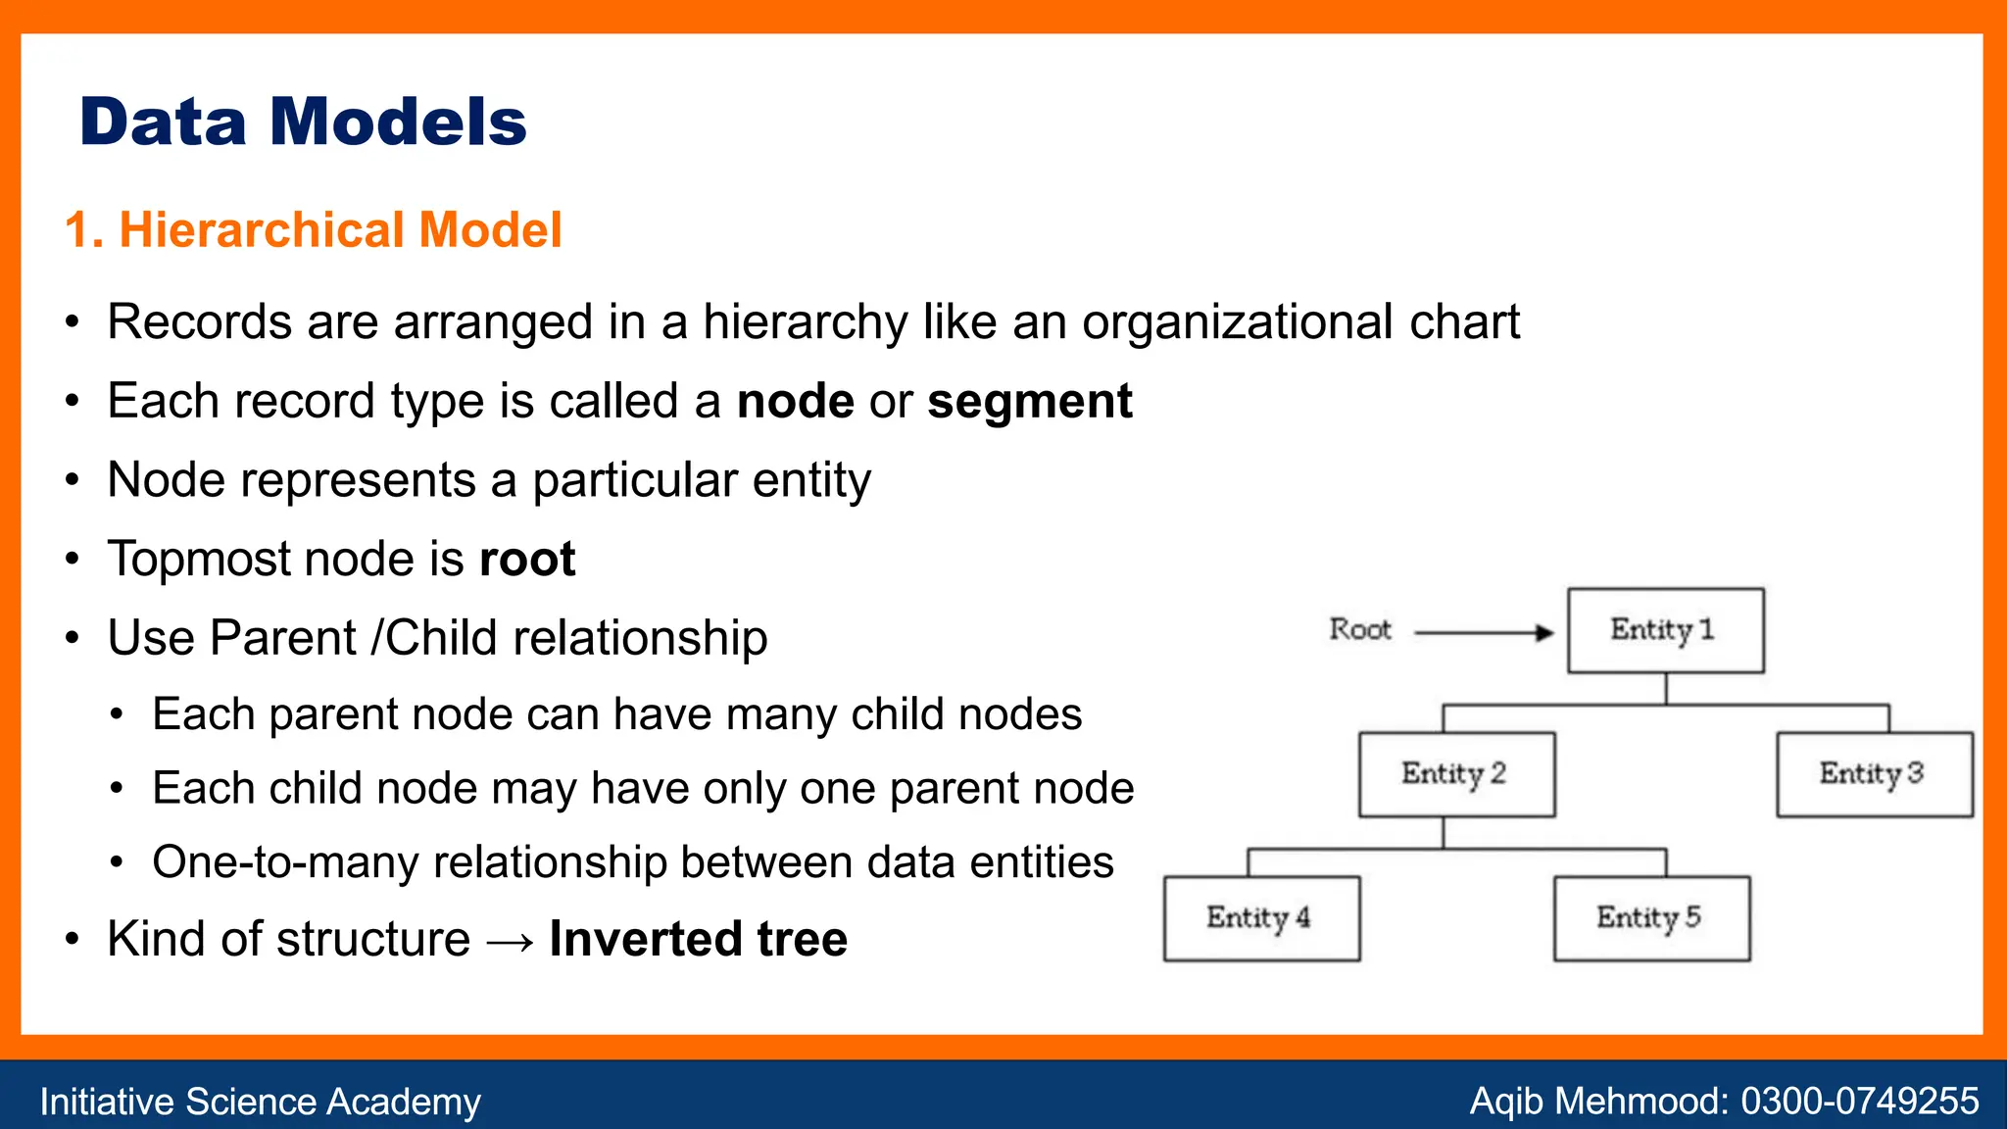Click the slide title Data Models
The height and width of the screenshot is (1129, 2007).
(x=303, y=123)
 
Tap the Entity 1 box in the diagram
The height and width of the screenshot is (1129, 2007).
(x=1665, y=630)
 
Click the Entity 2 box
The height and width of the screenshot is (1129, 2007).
(x=1456, y=774)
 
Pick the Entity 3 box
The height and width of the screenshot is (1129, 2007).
(x=1874, y=774)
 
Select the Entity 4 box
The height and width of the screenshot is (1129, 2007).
(x=1261, y=918)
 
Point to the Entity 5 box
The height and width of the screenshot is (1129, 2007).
(x=1651, y=918)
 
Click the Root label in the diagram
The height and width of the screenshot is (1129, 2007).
(x=1360, y=629)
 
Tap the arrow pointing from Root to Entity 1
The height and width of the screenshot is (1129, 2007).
(x=1484, y=633)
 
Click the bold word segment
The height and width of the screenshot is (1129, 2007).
(x=1029, y=402)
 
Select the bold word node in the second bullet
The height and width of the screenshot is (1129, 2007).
(x=795, y=402)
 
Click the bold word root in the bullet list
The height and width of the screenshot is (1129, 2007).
(x=527, y=560)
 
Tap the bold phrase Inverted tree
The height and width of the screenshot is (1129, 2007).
(x=698, y=939)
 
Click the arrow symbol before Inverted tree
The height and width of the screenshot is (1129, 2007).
(x=510, y=942)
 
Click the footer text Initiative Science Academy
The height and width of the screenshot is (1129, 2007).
(x=260, y=1102)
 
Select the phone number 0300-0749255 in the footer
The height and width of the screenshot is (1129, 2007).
(x=1859, y=1102)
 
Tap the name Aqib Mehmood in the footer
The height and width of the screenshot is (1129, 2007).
(x=1596, y=1102)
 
